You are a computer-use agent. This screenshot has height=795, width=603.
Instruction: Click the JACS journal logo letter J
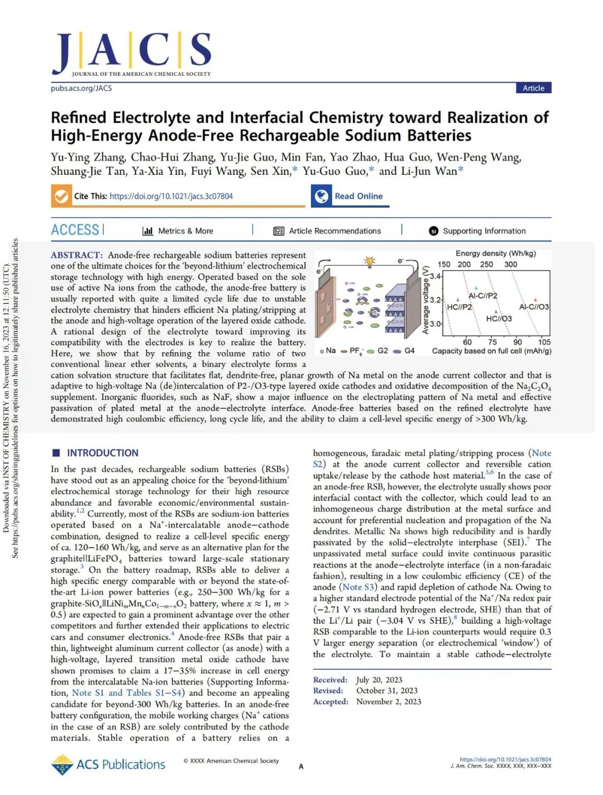(x=63, y=53)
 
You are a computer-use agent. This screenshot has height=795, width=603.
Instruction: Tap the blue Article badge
(x=533, y=88)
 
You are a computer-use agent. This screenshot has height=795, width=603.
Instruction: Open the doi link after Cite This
(x=171, y=196)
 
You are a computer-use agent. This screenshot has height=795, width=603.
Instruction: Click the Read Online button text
(x=358, y=196)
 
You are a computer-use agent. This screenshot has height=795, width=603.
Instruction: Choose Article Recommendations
(x=334, y=231)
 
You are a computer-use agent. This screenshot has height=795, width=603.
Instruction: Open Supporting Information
(x=484, y=231)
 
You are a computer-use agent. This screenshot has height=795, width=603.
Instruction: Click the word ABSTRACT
(x=76, y=255)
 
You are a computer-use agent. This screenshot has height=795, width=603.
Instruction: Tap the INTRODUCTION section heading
(x=102, y=453)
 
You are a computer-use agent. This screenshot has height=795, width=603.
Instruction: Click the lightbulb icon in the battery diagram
(x=368, y=261)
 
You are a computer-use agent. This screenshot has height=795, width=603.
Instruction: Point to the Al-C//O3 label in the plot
(x=534, y=307)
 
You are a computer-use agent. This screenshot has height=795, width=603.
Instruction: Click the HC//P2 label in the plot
(x=460, y=307)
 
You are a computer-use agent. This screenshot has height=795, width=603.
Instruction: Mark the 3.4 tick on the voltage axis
(x=435, y=276)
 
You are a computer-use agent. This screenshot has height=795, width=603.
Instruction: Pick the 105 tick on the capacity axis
(x=544, y=342)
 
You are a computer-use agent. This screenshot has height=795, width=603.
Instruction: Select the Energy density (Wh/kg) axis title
(x=495, y=253)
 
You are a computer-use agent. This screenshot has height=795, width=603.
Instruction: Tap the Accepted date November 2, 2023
(x=389, y=701)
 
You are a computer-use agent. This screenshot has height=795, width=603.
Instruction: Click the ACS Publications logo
(x=108, y=764)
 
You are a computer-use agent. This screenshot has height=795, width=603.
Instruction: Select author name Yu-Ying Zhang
(x=88, y=157)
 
